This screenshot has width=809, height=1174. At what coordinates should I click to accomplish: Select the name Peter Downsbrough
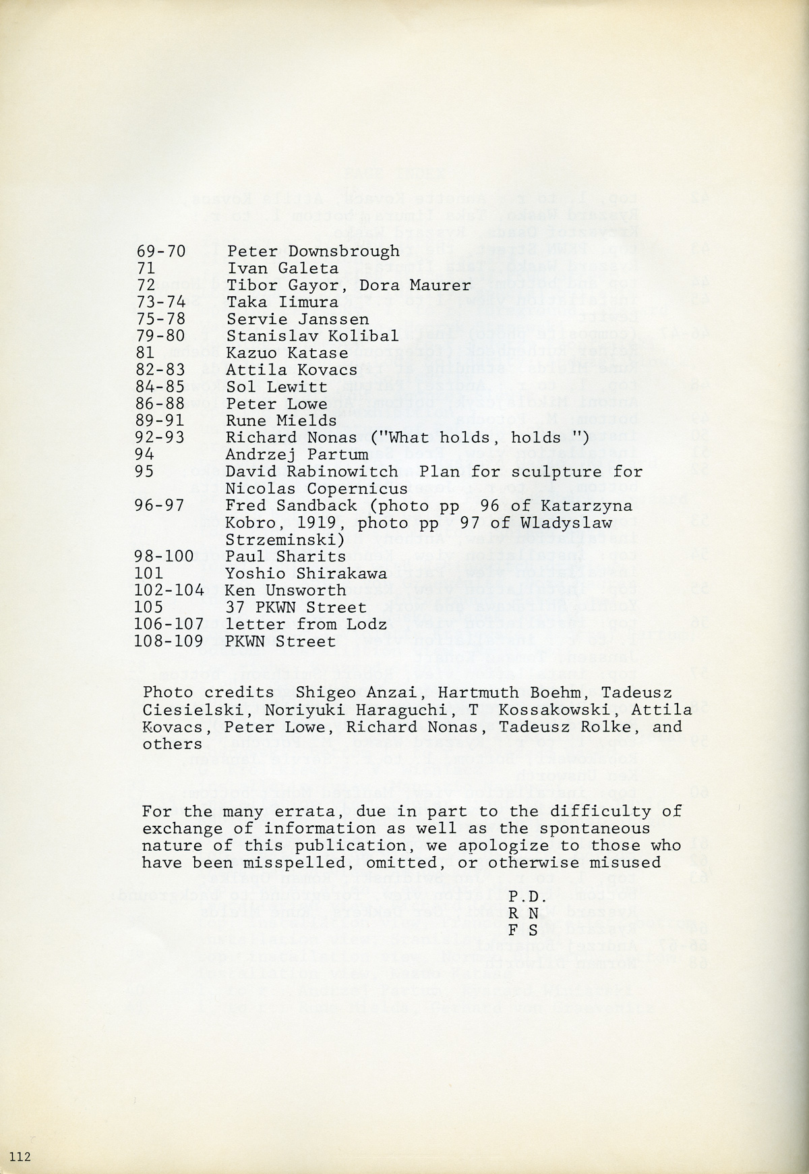(313, 252)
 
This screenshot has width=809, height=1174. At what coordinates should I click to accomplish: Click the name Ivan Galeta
(282, 269)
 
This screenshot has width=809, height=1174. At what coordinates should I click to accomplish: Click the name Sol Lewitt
(276, 387)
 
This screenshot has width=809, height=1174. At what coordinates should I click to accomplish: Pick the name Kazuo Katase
(287, 353)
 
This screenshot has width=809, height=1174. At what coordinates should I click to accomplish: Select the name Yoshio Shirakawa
(306, 574)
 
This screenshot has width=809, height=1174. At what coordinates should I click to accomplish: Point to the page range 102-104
(170, 590)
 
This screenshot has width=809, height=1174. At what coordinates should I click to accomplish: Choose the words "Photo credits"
(208, 692)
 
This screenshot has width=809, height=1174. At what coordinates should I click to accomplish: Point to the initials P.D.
(522, 897)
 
